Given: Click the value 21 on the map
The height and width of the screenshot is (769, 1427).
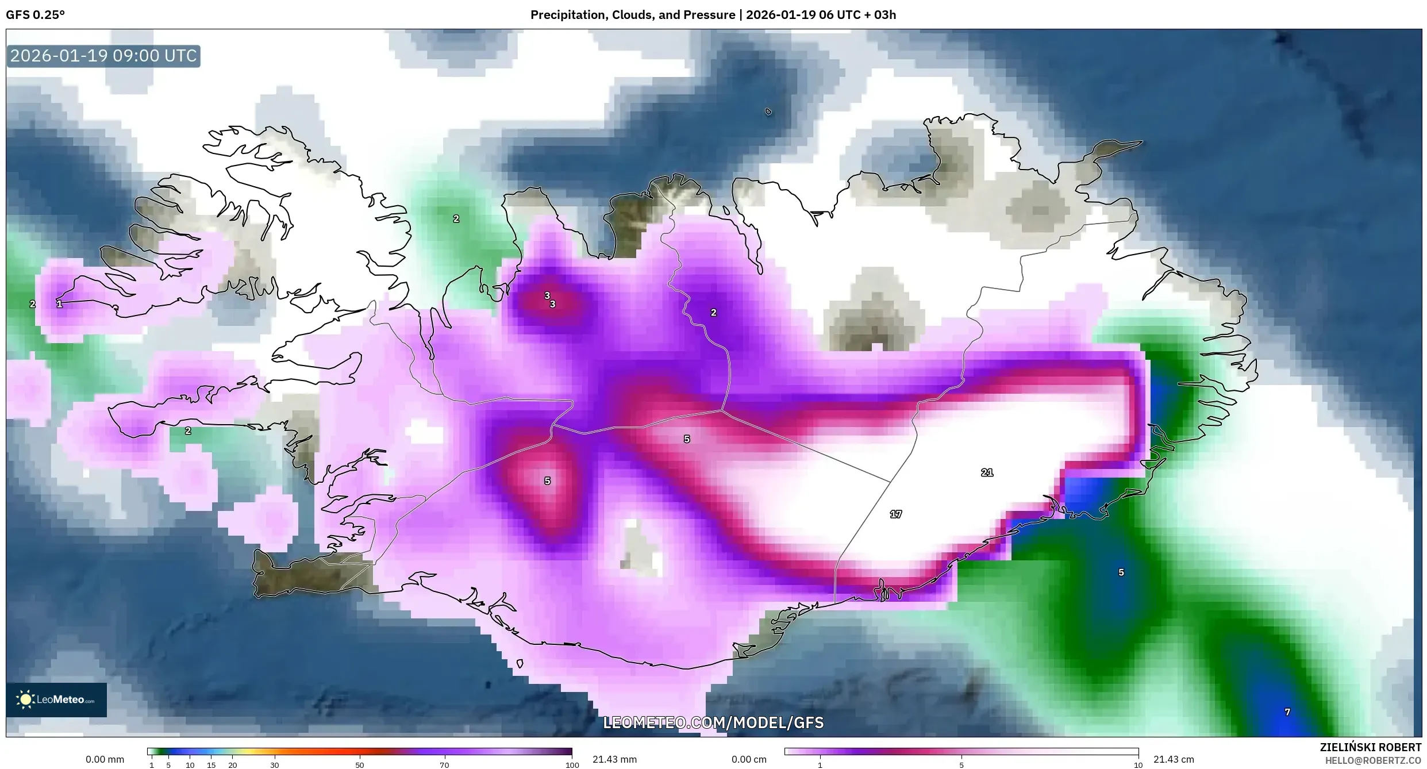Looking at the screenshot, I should coord(987,472).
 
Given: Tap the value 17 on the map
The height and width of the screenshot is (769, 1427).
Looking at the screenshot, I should coord(895,514).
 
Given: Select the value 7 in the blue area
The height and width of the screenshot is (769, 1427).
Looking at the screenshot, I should coord(1287,712).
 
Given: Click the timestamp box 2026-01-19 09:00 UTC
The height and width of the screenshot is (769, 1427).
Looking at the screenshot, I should coord(103,56).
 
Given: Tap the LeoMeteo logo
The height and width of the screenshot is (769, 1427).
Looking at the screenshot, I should coord(56,699).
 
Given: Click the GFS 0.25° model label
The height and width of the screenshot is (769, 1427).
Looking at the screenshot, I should coord(35,15).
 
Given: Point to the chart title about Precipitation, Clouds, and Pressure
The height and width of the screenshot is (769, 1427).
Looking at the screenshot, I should coord(713,15).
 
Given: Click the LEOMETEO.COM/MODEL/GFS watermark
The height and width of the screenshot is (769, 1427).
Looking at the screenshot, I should coord(713,722).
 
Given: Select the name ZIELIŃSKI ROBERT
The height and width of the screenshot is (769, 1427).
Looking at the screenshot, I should coord(1370,747).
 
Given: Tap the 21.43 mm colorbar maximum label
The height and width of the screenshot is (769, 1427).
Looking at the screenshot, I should coord(614,759).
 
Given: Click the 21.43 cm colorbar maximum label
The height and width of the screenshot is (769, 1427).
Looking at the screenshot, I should coord(1174,759).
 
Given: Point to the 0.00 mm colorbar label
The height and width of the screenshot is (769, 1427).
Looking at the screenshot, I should coord(105,759).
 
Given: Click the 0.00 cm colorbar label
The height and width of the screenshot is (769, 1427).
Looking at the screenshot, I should coord(749,759).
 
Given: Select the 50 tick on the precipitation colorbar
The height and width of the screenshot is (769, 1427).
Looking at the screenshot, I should coord(359,765).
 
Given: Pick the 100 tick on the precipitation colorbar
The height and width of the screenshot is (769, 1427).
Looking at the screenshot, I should coord(572,765).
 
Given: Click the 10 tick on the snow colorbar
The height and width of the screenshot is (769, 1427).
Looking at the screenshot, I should coord(1137,765).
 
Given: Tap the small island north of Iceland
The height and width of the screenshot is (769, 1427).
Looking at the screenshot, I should coord(768,111).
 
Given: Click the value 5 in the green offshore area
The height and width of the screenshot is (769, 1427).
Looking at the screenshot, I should coord(1121,572).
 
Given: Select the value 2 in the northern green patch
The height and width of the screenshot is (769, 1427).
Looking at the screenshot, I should coord(456,218).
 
